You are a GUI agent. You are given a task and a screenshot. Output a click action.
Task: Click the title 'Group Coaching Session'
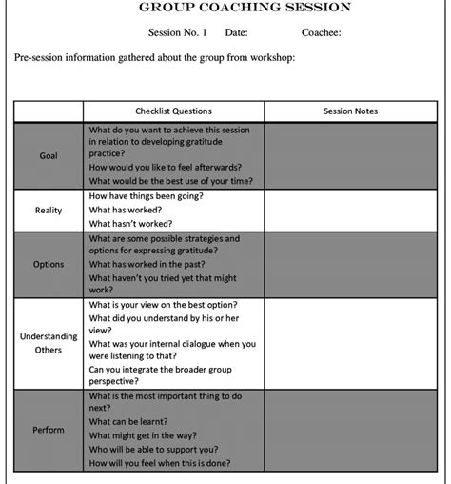[245, 8]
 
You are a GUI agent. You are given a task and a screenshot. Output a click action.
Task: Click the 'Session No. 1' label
[177, 32]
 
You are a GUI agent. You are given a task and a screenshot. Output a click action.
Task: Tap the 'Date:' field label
[236, 32]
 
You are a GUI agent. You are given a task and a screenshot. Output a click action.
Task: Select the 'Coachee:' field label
[321, 32]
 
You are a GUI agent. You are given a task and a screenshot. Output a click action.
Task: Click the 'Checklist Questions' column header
[173, 111]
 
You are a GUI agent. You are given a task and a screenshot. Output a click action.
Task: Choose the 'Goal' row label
[49, 155]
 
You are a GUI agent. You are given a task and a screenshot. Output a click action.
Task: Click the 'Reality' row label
[49, 210]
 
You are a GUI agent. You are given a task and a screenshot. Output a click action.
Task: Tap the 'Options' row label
[49, 264]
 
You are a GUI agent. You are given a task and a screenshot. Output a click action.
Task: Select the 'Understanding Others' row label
[49, 343]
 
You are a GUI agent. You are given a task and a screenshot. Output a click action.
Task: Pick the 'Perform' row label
[49, 429]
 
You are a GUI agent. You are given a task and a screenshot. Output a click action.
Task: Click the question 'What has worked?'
[126, 210]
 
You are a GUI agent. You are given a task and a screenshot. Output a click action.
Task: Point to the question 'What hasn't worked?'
[131, 224]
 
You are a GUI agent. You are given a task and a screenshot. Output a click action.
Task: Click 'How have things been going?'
[146, 195]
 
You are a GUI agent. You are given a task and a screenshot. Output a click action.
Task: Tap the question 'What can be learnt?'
[128, 421]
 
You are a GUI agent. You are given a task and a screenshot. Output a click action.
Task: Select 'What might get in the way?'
[141, 435]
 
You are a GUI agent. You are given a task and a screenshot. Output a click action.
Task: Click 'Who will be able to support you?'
[153, 449]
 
